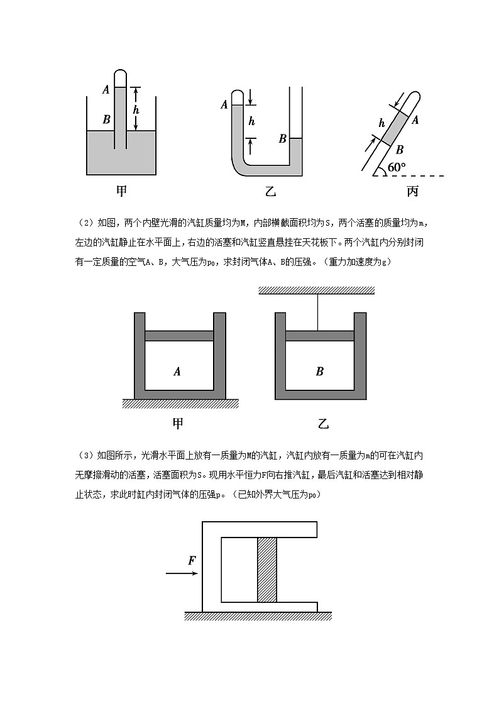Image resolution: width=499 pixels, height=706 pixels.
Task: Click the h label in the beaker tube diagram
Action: pyautogui.click(x=136, y=109)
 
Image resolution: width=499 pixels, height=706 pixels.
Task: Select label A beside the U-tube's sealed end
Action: pyautogui.click(x=224, y=105)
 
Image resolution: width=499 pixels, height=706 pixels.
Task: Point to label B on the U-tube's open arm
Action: pyautogui.click(x=283, y=138)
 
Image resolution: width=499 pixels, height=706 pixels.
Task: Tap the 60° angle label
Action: pyautogui.click(x=397, y=167)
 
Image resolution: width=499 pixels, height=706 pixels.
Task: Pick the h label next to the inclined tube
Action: pyautogui.click(x=381, y=123)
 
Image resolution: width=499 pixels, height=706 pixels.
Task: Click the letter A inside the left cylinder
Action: pyautogui.click(x=177, y=372)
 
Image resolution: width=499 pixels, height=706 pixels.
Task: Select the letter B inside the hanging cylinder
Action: pyautogui.click(x=319, y=372)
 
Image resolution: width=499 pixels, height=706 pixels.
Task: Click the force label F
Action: pyautogui.click(x=192, y=561)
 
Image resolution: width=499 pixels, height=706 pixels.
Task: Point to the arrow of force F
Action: pyautogui.click(x=182, y=573)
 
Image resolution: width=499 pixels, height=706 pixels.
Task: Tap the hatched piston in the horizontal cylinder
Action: pyautogui.click(x=267, y=570)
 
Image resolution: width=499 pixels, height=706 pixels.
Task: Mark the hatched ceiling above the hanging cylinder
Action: pyautogui.click(x=317, y=290)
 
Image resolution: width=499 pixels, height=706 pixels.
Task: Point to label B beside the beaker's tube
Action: pyautogui.click(x=106, y=119)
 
